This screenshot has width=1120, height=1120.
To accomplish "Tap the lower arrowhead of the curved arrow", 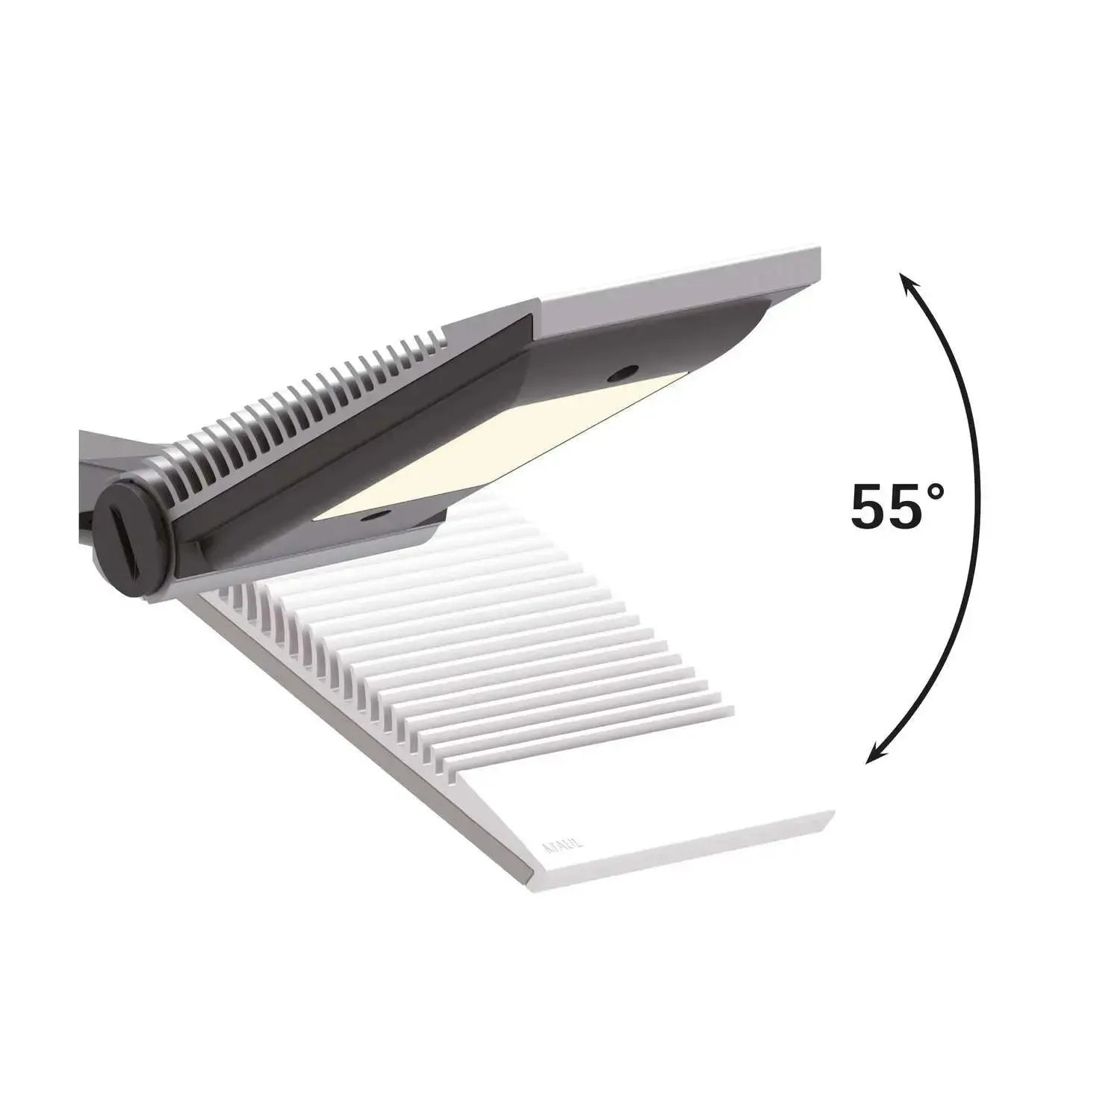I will point(872,757).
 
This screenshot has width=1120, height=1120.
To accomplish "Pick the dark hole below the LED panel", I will point(371,514).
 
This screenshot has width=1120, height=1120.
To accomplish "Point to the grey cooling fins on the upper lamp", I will point(314,403).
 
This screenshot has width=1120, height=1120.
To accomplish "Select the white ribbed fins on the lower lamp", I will point(478,635).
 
